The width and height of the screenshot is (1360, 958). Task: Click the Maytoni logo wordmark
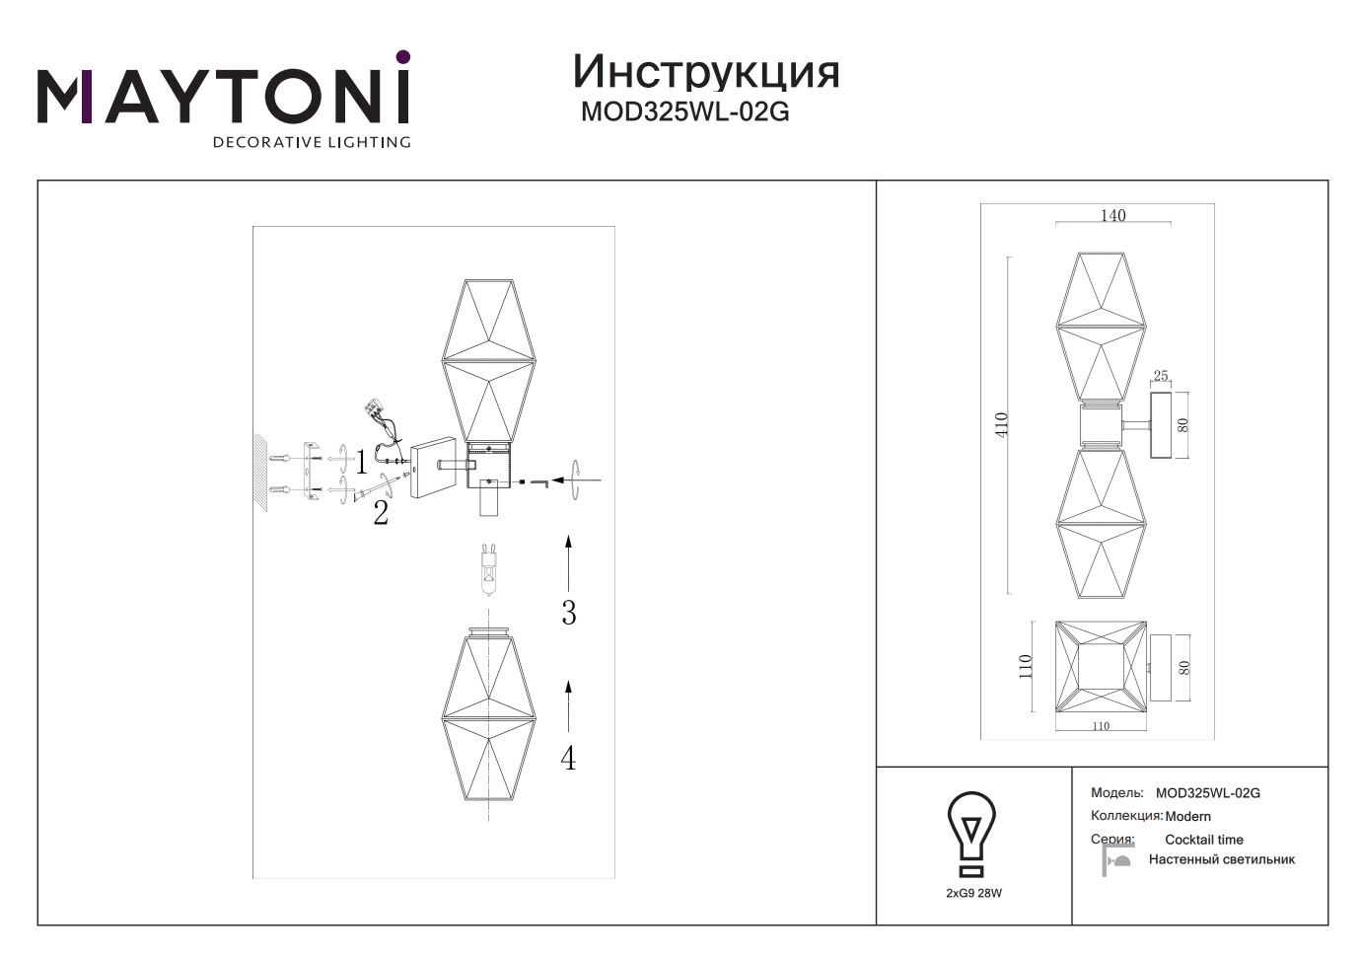tap(224, 98)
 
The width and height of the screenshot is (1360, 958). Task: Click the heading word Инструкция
tap(706, 72)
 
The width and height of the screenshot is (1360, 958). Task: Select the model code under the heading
tap(685, 111)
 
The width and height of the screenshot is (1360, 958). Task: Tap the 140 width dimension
tap(1112, 215)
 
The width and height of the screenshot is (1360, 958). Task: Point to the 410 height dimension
tap(1001, 424)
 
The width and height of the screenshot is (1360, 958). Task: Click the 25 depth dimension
tap(1160, 376)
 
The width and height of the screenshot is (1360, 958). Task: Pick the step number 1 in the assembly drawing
tap(361, 463)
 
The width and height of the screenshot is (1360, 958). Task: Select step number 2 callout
tap(381, 513)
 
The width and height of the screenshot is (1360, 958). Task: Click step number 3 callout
tap(569, 613)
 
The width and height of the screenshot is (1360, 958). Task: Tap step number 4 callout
tap(568, 758)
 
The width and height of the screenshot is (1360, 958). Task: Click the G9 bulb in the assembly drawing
tap(489, 569)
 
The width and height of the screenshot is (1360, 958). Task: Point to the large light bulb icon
tap(972, 834)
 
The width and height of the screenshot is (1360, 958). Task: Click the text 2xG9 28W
tap(973, 893)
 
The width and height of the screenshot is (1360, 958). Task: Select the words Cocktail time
tap(1204, 840)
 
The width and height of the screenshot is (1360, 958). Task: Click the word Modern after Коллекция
tap(1188, 817)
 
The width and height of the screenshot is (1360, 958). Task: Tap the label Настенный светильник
tap(1222, 859)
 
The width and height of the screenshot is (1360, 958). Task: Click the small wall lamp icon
tap(1116, 859)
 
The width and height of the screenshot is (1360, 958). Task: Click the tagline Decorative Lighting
tap(312, 142)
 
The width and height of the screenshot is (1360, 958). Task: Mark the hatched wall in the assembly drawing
tap(261, 472)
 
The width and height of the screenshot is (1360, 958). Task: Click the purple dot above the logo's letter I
tap(403, 57)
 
